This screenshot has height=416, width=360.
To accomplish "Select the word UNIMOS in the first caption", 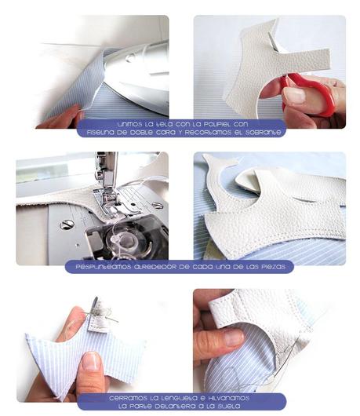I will [x=130, y=124].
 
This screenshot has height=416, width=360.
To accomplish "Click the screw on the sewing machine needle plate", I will [x=67, y=224].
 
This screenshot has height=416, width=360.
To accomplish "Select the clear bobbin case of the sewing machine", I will [x=122, y=239].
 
